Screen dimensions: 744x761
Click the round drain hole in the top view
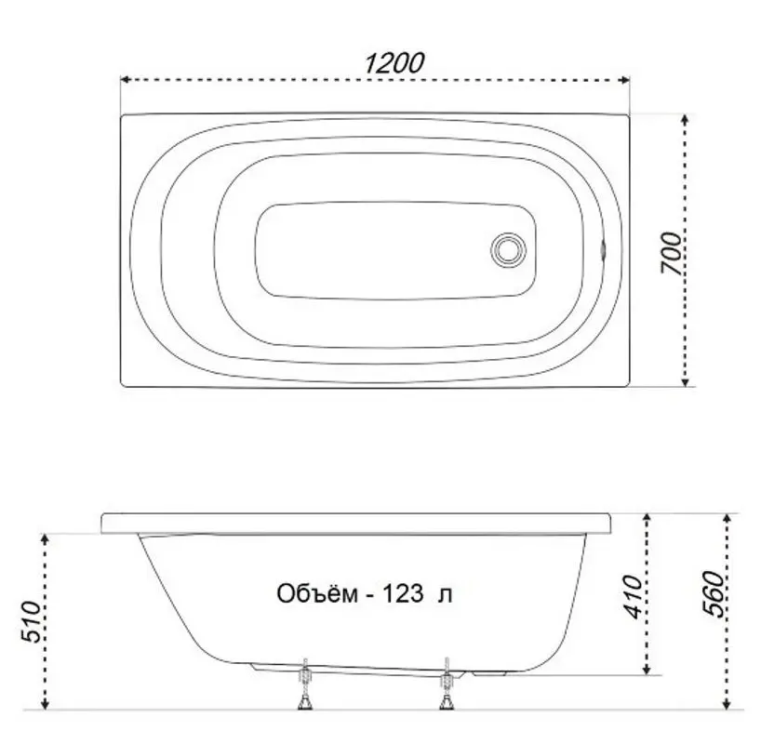[508, 249]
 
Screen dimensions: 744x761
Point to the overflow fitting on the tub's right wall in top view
[604, 249]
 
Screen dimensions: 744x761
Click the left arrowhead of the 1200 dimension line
[124, 80]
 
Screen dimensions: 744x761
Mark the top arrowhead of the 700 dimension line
[685, 119]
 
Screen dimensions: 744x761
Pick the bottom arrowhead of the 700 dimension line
[685, 382]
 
